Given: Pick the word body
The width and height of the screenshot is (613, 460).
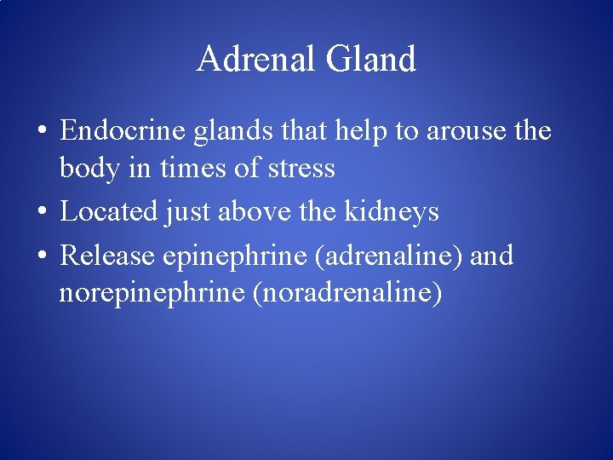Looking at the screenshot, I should [86, 168].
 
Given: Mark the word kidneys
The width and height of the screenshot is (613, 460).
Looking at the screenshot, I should [391, 211].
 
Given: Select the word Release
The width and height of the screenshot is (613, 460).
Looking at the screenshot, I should [108, 256].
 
